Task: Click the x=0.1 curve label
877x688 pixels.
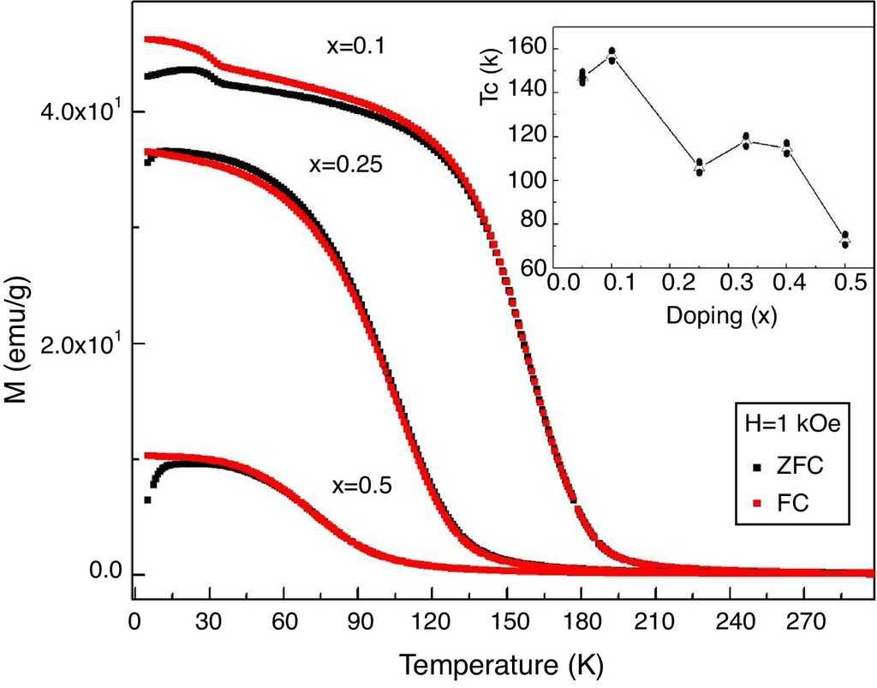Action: click(x=355, y=47)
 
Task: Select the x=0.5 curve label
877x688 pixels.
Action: click(x=361, y=486)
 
